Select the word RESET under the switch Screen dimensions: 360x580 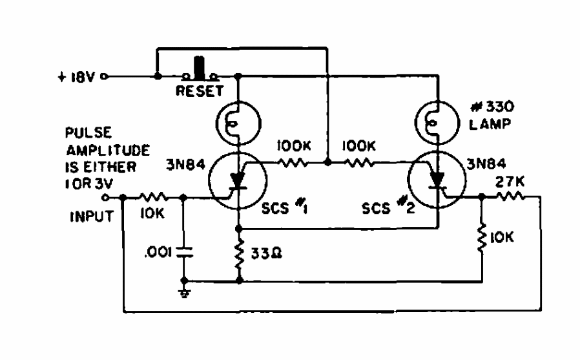click(x=200, y=91)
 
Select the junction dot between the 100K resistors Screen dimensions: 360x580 click(x=327, y=164)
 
